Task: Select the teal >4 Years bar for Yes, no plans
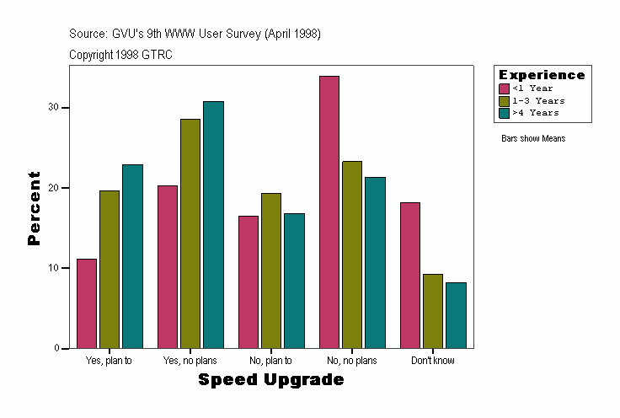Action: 213,224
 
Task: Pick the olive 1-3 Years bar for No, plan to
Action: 271,271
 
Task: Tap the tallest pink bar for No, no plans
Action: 329,212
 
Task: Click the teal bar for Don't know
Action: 456,315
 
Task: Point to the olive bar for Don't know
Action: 433,311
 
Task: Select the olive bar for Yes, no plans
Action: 190,233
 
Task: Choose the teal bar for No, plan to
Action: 294,281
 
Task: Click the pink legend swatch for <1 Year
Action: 504,88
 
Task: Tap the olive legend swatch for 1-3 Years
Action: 504,100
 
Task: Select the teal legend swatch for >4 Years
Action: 504,112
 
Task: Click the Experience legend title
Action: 542,75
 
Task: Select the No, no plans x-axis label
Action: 352,361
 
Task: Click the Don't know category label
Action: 433,361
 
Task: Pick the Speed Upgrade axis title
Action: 271,380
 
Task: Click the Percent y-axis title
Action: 35,208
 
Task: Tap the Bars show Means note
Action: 533,138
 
